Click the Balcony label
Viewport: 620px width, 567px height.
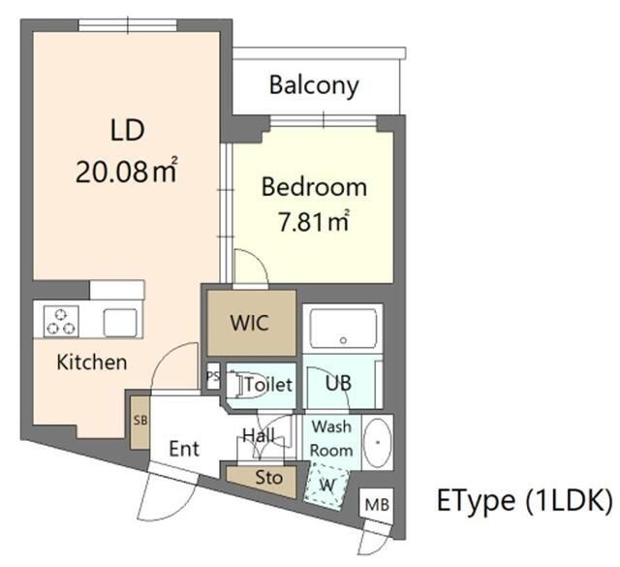pos(314,85)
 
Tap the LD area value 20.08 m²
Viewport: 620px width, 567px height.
pos(127,172)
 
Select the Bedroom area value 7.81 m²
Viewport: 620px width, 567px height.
pos(314,221)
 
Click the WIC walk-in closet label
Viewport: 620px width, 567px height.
pos(250,323)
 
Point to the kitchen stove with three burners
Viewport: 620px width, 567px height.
pos(61,321)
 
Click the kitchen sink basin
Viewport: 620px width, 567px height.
pos(120,323)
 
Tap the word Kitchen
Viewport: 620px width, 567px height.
pos(92,362)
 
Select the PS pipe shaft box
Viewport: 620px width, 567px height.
pos(213,376)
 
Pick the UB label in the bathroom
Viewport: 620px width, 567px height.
pos(338,383)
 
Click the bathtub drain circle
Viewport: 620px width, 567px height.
pos(343,340)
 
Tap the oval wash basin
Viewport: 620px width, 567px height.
pos(378,442)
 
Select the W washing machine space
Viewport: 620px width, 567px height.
pos(326,486)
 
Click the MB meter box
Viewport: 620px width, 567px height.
pos(377,505)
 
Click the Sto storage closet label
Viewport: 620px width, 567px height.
pos(269,478)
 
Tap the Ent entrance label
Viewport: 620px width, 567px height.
pos(184,449)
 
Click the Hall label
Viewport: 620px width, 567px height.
pos(259,435)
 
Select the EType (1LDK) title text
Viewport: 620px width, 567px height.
pos(524,500)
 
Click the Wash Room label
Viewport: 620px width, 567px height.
pos(331,438)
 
